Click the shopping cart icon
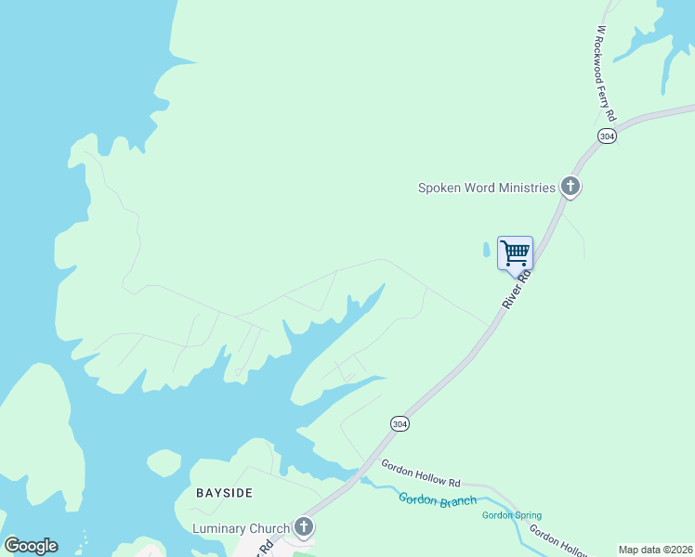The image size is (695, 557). click(x=515, y=252)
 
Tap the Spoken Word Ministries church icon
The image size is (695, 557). click(x=570, y=188)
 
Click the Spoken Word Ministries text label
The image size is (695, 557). click(x=486, y=188)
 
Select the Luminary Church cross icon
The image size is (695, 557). click(x=304, y=528)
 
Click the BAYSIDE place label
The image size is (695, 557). click(x=223, y=491)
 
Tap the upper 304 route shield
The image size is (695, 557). click(x=607, y=136)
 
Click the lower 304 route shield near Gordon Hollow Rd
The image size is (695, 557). click(x=400, y=423)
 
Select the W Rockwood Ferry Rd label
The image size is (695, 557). click(x=605, y=73)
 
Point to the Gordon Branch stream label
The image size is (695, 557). click(x=437, y=499)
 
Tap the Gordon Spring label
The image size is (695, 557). click(x=511, y=515)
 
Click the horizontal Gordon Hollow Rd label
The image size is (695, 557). click(x=421, y=473)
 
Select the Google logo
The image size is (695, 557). click(x=31, y=546)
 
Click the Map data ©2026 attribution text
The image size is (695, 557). click(x=655, y=550)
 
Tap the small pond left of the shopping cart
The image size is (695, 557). click(x=486, y=250)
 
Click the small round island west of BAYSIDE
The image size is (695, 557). click(x=164, y=463)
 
